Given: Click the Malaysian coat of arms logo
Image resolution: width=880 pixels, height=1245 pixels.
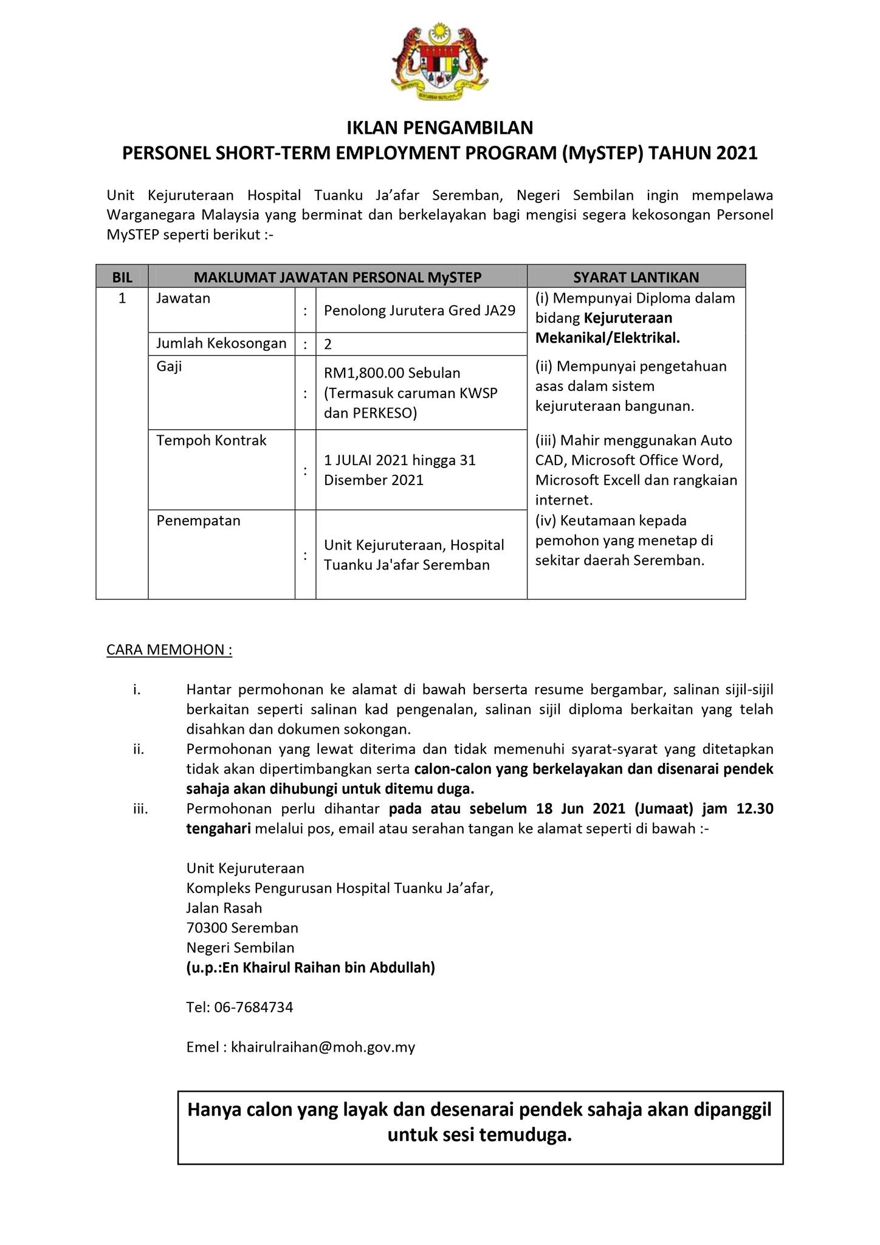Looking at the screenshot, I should point(439,61).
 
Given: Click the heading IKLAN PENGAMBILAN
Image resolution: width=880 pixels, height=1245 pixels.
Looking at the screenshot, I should point(439,128).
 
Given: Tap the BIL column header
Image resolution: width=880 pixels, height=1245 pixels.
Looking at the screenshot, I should point(122,277).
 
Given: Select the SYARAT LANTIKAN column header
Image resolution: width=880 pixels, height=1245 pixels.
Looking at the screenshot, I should point(636,277).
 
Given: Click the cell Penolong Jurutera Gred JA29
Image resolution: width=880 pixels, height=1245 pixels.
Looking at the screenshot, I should point(419,311).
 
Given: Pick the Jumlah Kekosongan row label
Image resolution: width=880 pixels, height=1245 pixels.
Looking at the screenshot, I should point(221,343).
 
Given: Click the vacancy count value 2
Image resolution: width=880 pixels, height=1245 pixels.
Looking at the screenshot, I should point(328,345).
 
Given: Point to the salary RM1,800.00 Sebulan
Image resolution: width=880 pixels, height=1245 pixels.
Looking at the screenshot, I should point(392,373).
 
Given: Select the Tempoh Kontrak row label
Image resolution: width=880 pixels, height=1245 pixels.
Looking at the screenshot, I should point(211,440).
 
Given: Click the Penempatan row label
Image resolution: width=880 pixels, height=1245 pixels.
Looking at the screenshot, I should point(198,520).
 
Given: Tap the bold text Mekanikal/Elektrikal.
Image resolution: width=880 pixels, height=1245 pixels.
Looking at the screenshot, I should point(607,338).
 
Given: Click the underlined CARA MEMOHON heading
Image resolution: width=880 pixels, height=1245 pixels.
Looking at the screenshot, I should point(169,650).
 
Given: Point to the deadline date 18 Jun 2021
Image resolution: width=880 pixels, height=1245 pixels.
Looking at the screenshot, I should point(580,809).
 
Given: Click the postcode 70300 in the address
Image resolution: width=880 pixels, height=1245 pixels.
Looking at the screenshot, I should point(207,928).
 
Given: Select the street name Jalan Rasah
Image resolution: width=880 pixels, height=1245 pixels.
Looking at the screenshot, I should point(224,908).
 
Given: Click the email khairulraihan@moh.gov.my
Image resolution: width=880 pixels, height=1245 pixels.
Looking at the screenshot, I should point(323,1047).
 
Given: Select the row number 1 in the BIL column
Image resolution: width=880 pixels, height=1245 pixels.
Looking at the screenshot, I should point(122,298).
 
